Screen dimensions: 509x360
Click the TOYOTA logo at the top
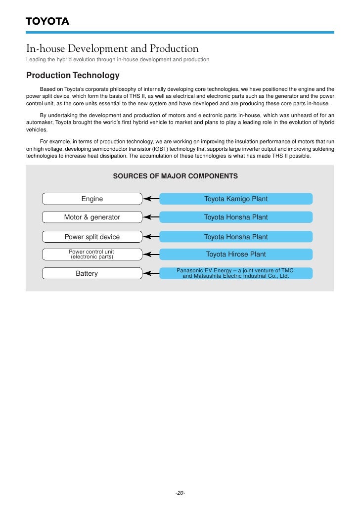47,21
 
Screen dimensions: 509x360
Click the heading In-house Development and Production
112,49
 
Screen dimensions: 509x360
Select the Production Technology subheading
73,76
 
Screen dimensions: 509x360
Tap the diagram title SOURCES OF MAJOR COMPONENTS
176,176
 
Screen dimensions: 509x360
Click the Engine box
92,199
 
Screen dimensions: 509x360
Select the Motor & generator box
92,217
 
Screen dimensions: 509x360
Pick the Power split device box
92,237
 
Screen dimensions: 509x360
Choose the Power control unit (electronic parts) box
92,254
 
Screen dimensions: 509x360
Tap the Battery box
92,273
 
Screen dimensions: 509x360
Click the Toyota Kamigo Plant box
236,199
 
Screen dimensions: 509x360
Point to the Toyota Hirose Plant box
236,254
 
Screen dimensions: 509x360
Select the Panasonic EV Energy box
236,273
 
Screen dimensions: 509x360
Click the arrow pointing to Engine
151,199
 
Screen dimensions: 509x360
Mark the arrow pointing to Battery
151,273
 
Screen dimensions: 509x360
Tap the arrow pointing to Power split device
151,237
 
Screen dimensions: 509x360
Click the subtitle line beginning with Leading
118,60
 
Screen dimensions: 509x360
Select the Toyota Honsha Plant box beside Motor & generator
236,217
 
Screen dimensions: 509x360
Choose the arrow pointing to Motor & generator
151,217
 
